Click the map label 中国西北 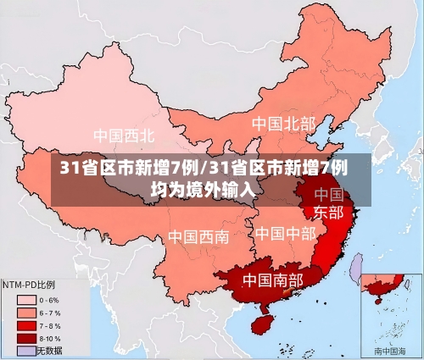coord(124,136)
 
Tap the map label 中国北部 coord(283,124)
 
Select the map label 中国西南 coord(198,236)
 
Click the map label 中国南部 coord(272,279)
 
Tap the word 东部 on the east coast coord(329,212)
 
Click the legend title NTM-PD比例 coord(29,284)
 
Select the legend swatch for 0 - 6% coord(26,299)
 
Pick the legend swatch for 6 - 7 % coord(26,312)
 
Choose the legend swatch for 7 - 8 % coord(26,324)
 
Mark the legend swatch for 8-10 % coord(26,337)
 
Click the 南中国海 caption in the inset coord(392,349)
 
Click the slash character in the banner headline coord(203,167)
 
